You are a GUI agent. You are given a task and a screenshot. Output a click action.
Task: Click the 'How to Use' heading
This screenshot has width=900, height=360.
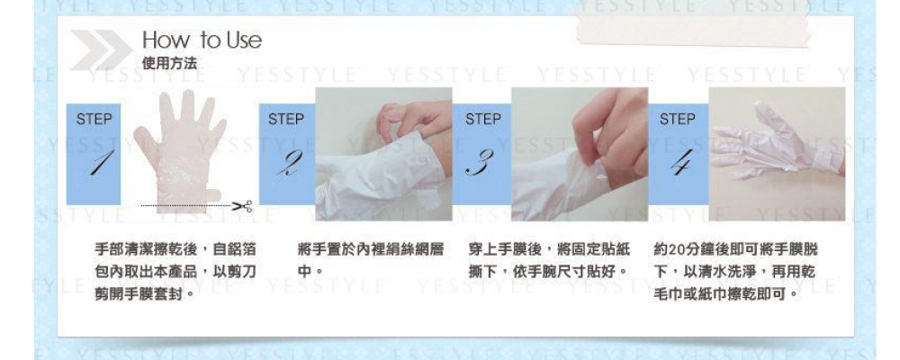[x=202, y=40]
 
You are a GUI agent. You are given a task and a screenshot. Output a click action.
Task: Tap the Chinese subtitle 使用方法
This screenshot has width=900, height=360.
[x=169, y=63]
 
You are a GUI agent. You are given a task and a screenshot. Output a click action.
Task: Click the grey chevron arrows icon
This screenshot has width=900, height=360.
[x=102, y=50]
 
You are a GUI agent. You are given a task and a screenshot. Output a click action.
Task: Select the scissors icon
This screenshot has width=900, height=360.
[x=242, y=205]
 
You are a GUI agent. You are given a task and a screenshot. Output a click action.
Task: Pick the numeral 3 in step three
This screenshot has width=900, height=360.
[x=480, y=163]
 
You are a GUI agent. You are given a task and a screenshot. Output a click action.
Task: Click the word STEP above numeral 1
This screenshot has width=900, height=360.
[x=94, y=120]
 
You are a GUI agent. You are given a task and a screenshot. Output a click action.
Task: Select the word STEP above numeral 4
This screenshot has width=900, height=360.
[x=678, y=120]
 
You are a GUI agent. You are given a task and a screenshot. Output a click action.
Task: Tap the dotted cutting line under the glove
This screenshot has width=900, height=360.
[x=186, y=205]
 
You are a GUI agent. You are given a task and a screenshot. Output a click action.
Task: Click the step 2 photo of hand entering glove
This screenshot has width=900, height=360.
[x=383, y=154]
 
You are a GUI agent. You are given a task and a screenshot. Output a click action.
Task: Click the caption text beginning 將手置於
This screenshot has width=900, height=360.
[x=371, y=260]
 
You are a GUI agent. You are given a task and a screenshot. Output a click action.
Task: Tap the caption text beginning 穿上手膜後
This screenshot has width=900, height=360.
[x=549, y=260]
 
